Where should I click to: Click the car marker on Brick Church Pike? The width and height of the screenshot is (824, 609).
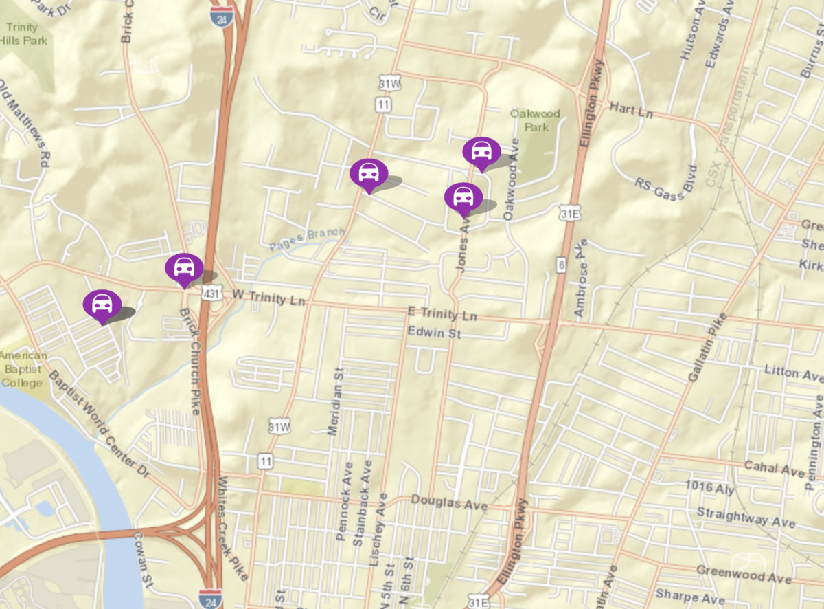(184, 268)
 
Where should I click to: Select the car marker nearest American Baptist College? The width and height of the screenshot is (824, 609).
(102, 304)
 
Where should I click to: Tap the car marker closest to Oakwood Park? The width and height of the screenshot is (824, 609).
(481, 152)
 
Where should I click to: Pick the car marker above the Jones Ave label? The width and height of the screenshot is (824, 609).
(463, 197)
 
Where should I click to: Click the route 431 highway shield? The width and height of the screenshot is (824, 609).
(211, 294)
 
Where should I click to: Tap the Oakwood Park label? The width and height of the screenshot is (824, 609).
(535, 120)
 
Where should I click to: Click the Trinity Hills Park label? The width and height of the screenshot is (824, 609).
(25, 34)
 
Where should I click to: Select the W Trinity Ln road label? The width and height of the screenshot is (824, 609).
(268, 296)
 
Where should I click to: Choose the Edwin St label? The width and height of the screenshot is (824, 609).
(434, 333)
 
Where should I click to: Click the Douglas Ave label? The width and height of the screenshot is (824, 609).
(449, 503)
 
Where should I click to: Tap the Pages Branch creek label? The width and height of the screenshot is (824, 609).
(306, 238)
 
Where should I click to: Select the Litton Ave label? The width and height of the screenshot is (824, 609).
(792, 373)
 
